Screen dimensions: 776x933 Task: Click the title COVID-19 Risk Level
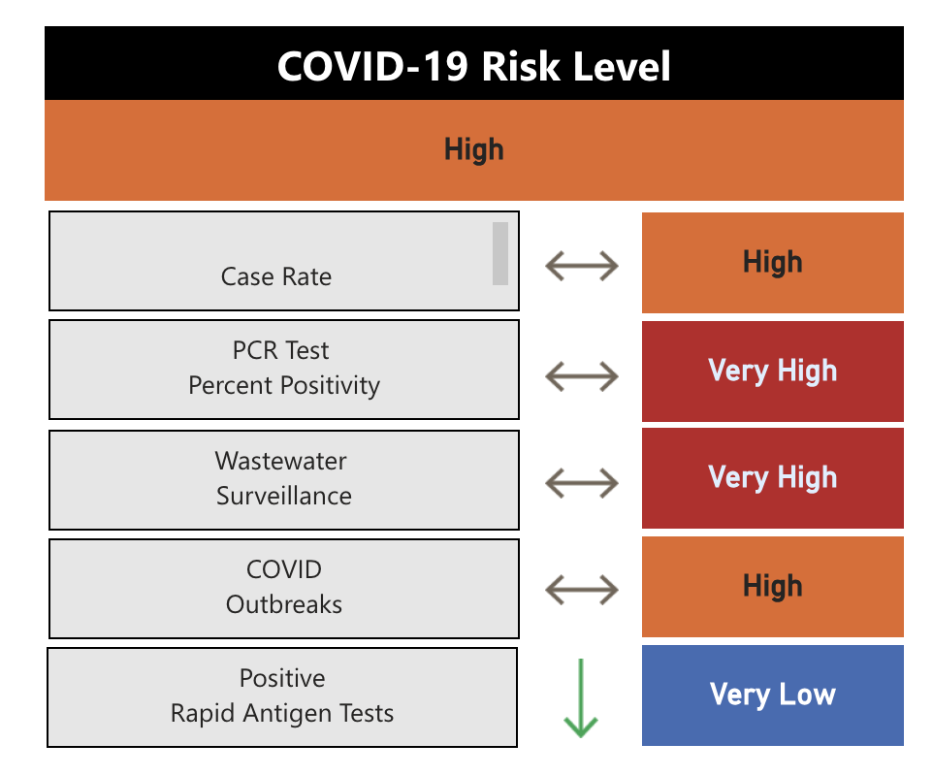(473, 67)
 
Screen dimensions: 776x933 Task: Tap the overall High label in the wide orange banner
(473, 149)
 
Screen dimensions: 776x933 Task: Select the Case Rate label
(276, 276)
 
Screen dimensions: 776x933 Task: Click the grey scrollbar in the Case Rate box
(500, 253)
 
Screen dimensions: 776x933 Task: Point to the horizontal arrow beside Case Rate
(581, 265)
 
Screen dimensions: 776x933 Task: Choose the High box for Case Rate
(772, 263)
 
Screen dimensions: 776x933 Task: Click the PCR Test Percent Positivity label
(284, 369)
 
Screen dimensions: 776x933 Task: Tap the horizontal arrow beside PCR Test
(581, 375)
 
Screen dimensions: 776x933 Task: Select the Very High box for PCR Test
(772, 371)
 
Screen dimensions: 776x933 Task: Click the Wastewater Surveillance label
(283, 478)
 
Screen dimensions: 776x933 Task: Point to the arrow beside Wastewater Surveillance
(581, 482)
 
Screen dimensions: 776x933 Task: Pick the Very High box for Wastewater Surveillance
(772, 477)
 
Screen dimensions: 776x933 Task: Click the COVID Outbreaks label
(284, 587)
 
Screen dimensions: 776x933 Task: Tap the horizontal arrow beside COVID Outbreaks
(581, 589)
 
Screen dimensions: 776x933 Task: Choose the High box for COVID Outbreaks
(772, 586)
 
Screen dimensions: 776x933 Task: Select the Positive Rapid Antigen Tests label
(282, 696)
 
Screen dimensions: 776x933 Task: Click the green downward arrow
(581, 698)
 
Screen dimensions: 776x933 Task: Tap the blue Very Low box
(772, 695)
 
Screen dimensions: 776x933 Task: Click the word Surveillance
(284, 496)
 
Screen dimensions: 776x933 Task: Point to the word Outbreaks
(284, 604)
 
